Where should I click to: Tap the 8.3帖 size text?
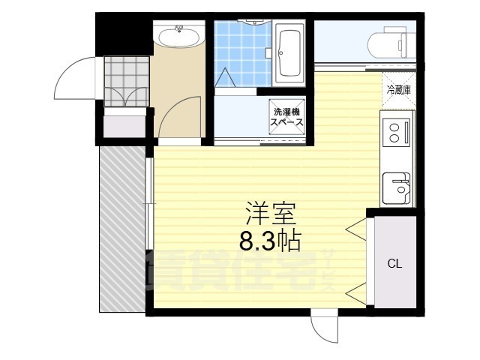[x=270, y=241]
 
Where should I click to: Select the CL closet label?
[x=394, y=263]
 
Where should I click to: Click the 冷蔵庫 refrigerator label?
[x=398, y=90]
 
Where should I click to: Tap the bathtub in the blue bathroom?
[x=289, y=53]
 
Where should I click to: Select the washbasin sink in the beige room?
[x=178, y=35]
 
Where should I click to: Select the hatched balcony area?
[x=121, y=228]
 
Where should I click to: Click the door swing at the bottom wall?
[x=325, y=328]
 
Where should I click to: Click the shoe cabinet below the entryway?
[x=123, y=123]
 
